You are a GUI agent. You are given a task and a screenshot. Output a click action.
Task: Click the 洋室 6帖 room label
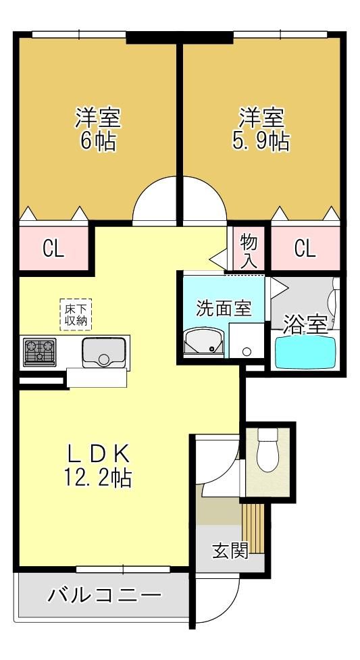[98, 129]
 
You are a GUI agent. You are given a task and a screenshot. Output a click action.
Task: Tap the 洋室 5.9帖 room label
[261, 129]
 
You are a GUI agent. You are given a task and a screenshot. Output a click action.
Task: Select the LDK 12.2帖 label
[98, 465]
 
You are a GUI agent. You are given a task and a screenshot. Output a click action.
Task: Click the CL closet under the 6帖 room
[53, 249]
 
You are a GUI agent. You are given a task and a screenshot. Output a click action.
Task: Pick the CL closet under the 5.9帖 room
[305, 249]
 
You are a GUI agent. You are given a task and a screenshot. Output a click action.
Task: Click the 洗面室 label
[224, 309]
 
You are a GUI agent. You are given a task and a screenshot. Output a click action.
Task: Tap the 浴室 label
[305, 325]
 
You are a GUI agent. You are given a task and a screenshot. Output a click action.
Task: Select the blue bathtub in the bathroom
[305, 352]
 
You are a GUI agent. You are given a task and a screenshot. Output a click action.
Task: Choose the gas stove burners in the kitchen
[40, 351]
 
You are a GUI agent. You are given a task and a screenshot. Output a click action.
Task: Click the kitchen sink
[103, 353]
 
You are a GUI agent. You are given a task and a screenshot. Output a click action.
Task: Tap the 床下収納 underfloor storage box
[76, 314]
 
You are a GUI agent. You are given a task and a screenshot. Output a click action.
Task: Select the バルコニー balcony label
[105, 596]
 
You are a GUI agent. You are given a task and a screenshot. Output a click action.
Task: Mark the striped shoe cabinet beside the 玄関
[253, 528]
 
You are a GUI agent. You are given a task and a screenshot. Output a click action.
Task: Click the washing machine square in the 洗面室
[247, 340]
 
